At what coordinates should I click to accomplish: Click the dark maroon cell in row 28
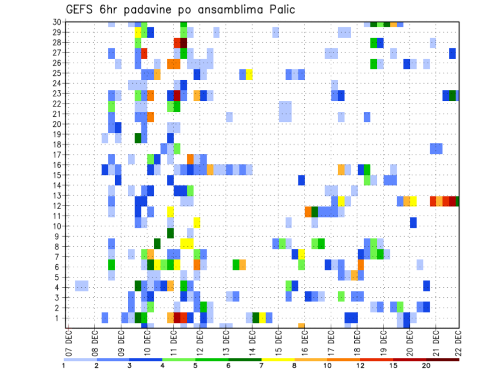click(x=183, y=43)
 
